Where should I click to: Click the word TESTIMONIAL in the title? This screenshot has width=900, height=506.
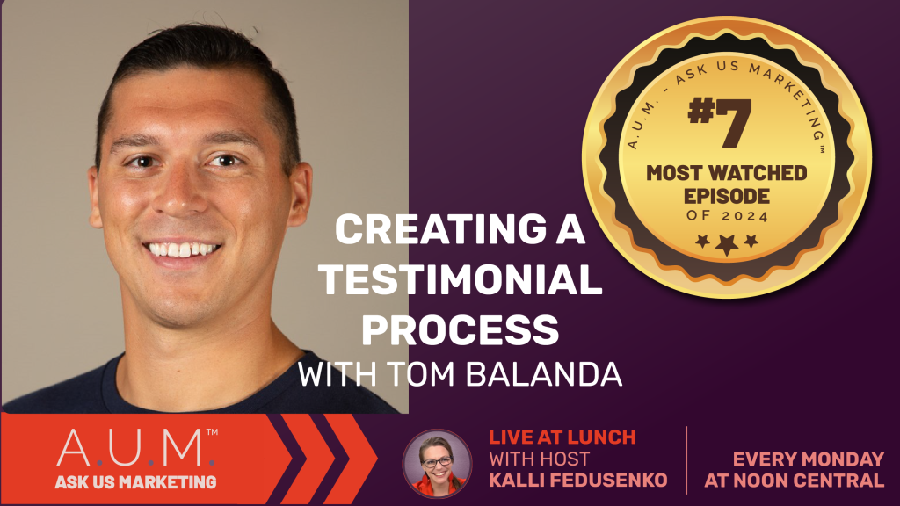tap(461, 279)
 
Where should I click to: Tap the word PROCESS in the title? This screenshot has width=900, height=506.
tap(461, 329)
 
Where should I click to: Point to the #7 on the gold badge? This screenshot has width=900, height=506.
tap(720, 122)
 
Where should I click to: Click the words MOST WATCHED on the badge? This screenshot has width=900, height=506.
tap(727, 173)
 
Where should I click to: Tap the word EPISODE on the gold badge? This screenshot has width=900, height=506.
tap(727, 196)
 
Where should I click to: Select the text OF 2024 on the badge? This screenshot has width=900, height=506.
tap(727, 216)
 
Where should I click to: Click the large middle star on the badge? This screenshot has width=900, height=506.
tap(727, 244)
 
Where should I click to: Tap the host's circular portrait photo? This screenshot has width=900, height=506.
tap(438, 463)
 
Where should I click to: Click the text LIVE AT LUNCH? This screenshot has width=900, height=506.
tap(562, 437)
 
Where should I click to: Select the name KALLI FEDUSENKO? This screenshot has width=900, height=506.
tap(578, 480)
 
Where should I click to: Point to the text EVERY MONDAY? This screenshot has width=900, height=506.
tap(809, 459)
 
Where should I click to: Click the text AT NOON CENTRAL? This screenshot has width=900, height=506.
tap(795, 481)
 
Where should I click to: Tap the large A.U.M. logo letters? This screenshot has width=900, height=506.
tap(136, 448)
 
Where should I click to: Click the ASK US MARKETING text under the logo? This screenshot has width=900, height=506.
tap(136, 482)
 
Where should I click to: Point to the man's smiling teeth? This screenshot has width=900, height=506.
tap(181, 249)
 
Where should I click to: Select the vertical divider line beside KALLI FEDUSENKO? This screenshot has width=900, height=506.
tap(686, 460)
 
